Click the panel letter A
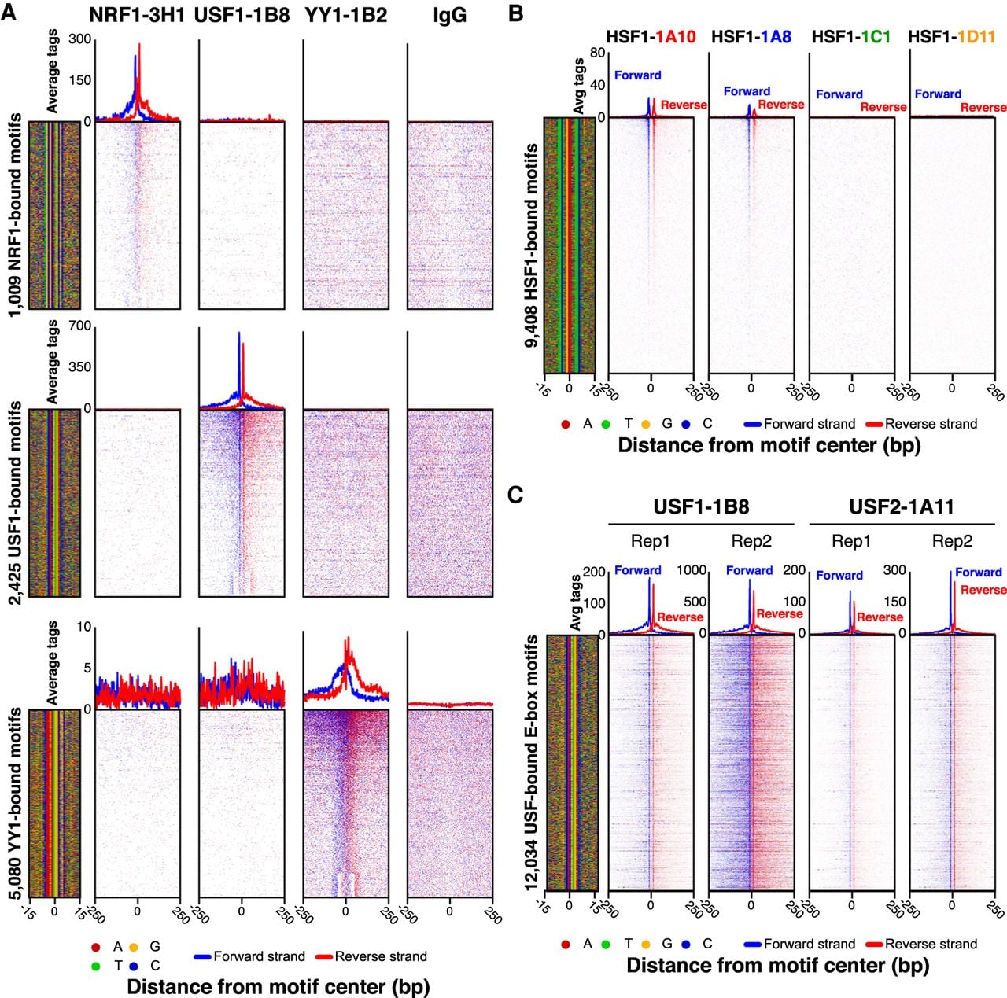pyautogui.click(x=9, y=13)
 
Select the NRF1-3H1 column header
pyautogui.click(x=137, y=16)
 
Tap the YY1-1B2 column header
pyautogui.click(x=346, y=16)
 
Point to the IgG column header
pyautogui.click(x=449, y=17)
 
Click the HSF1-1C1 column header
pyautogui.click(x=851, y=37)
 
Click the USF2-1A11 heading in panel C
pyautogui.click(x=902, y=506)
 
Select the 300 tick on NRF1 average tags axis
pyautogui.click(x=79, y=39)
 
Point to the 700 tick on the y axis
pyautogui.click(x=79, y=326)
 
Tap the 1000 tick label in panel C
pyautogui.click(x=692, y=570)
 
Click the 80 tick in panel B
pyautogui.click(x=597, y=53)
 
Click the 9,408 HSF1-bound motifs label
pyautogui.click(x=532, y=245)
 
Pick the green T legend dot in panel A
pyautogui.click(x=95, y=966)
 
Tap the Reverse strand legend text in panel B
pyautogui.click(x=931, y=424)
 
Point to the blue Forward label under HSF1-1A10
pyautogui.click(x=637, y=75)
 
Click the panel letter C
pyautogui.click(x=515, y=495)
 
